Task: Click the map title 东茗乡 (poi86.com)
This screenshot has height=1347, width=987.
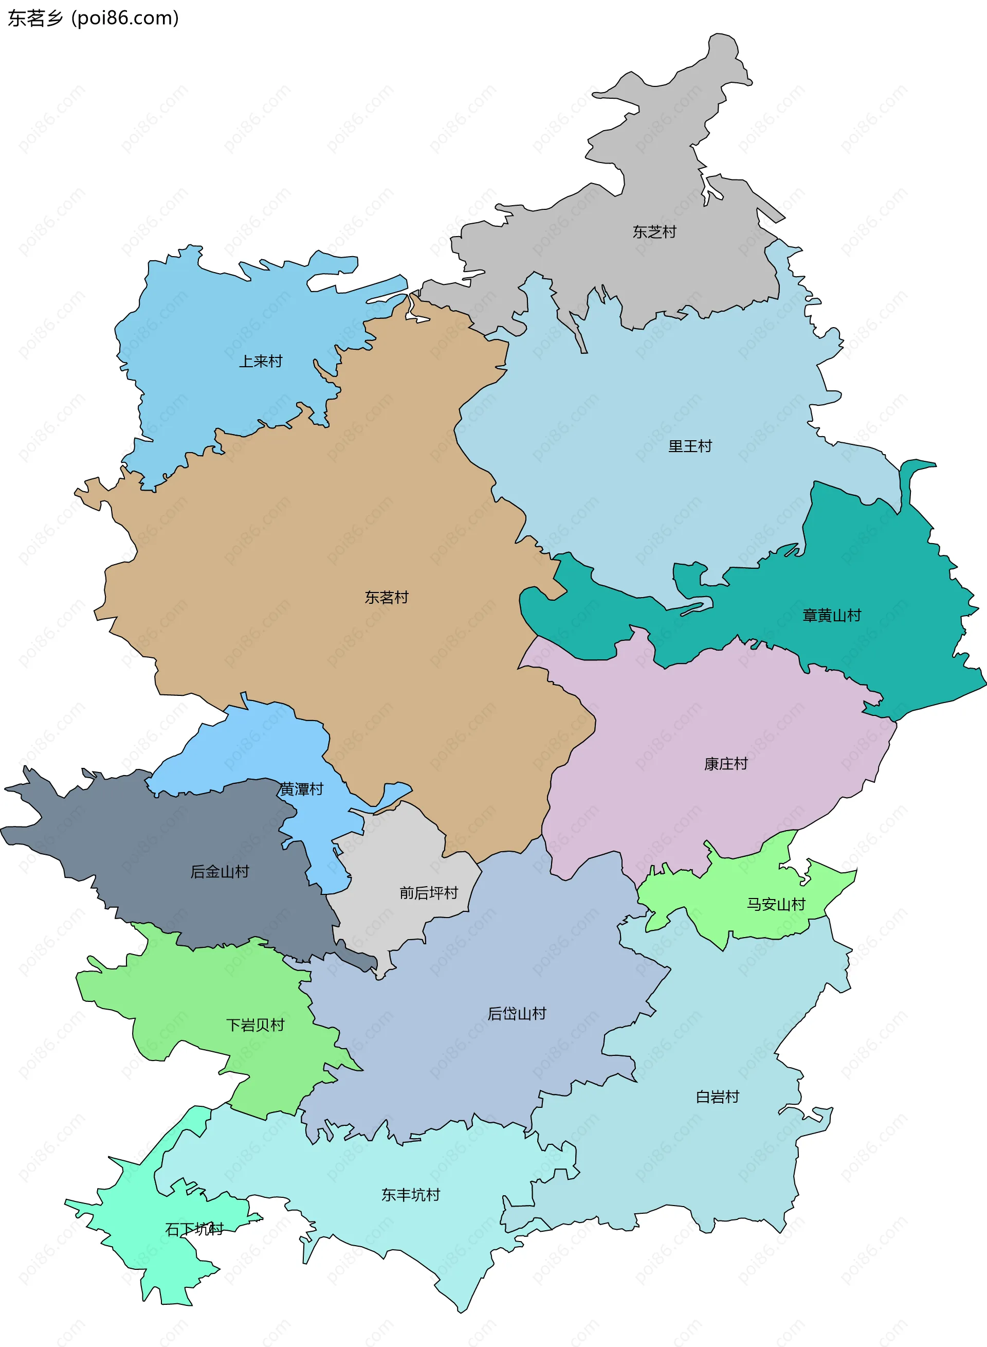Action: click(x=93, y=19)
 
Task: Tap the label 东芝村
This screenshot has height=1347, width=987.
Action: click(x=654, y=232)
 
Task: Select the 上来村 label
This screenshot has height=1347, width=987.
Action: click(x=261, y=362)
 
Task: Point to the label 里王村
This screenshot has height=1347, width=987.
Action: click(x=690, y=446)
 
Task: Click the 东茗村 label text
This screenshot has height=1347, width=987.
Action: click(x=387, y=598)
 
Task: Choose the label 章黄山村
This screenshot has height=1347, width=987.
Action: click(x=832, y=616)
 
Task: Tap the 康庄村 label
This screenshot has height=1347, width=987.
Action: click(x=726, y=764)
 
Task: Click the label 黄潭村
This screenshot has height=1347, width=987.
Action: click(x=302, y=789)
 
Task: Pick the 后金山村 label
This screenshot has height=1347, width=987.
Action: click(x=220, y=872)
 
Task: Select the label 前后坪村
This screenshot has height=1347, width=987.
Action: click(x=428, y=893)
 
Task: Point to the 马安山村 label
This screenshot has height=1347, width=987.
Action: click(x=776, y=905)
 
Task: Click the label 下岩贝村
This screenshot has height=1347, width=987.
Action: click(x=255, y=1026)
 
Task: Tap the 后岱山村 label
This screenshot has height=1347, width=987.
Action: click(x=517, y=1014)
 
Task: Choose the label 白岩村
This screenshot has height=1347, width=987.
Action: click(x=718, y=1097)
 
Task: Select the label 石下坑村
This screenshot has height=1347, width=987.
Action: click(x=194, y=1229)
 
